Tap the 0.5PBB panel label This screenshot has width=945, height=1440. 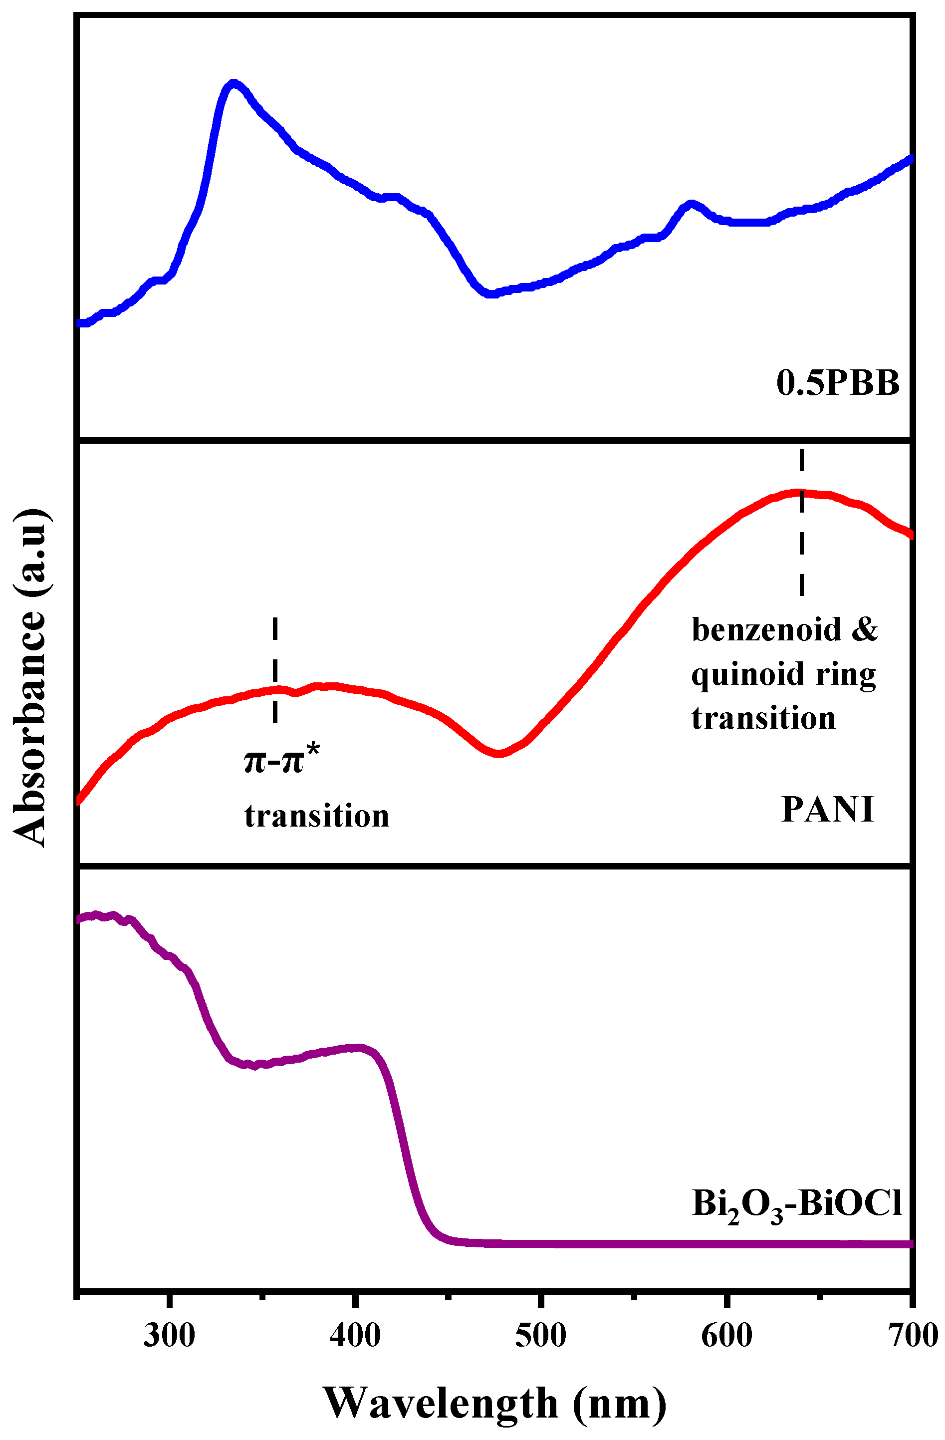[837, 383]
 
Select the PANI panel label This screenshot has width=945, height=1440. [827, 809]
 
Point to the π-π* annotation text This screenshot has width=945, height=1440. [282, 760]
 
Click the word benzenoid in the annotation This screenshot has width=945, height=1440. [766, 630]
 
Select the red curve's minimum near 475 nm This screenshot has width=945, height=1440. [498, 753]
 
